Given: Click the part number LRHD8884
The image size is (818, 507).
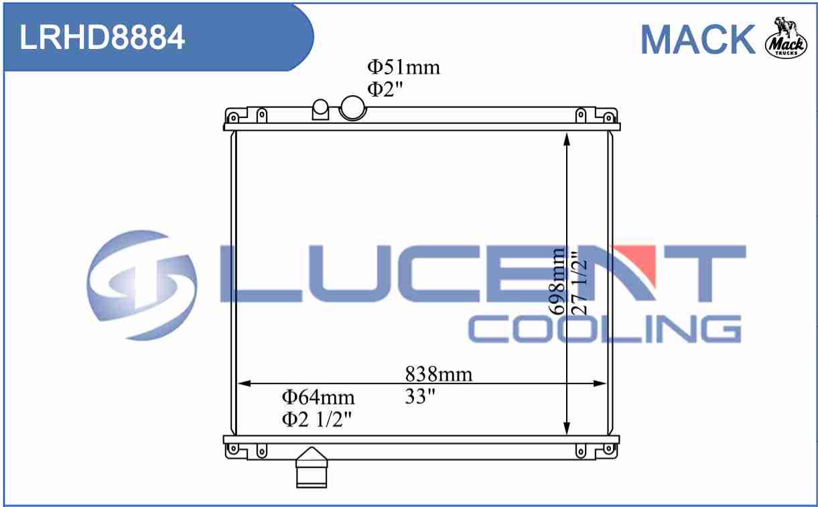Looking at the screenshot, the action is point(102,38).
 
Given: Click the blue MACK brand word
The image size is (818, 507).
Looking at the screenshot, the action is point(698,40).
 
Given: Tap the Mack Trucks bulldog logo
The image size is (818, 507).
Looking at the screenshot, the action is point(786,38).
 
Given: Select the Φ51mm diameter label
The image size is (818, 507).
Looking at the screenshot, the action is point(403,68).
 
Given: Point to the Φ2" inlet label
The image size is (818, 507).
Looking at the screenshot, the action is point(385,89).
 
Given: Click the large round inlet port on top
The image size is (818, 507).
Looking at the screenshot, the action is point(352,107).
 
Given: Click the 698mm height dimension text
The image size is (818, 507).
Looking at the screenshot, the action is point(557,281).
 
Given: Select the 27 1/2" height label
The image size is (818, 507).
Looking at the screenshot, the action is point(580,283).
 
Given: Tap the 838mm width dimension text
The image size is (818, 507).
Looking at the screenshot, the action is point(439,374).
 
